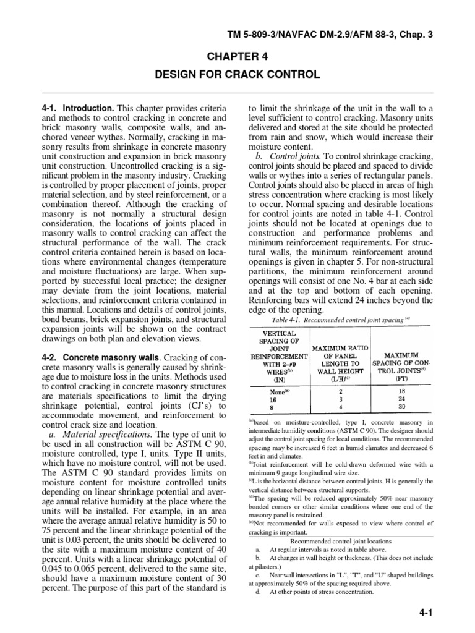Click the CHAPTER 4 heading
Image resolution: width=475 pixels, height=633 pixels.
point(237,56)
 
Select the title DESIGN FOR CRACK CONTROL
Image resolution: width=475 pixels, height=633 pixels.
point(237,75)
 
